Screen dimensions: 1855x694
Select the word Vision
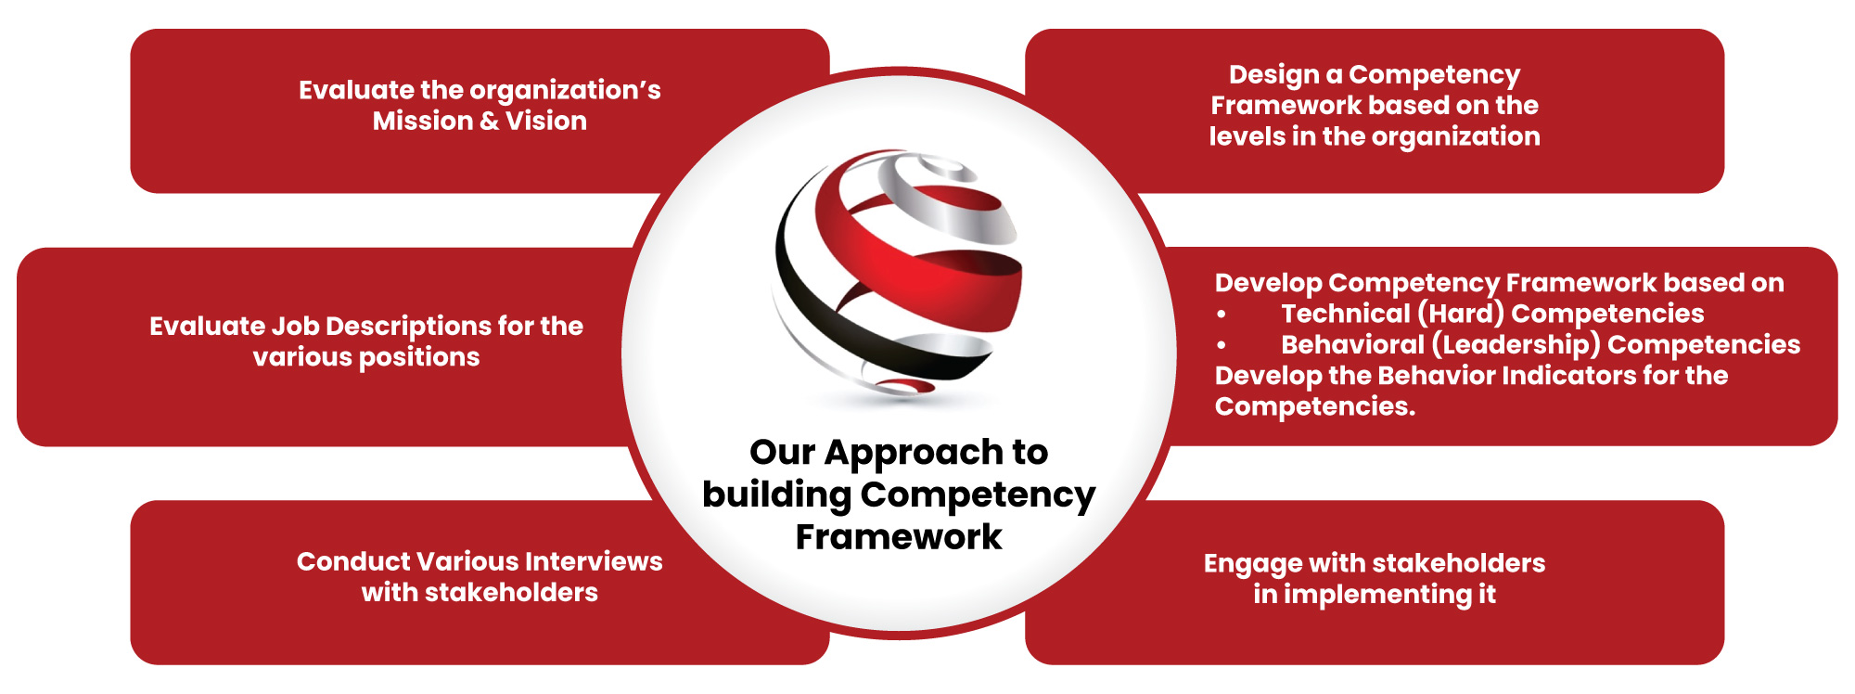[545, 121]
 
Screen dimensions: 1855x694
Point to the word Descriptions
[407, 327]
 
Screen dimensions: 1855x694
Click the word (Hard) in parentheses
[1461, 314]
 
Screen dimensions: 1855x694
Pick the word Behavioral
[1352, 344]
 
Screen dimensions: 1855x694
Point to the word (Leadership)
[1516, 345]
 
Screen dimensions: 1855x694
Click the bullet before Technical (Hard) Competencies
[1222, 315]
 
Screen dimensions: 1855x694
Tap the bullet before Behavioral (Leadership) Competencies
[1222, 345]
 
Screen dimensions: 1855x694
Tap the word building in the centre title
[776, 495]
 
